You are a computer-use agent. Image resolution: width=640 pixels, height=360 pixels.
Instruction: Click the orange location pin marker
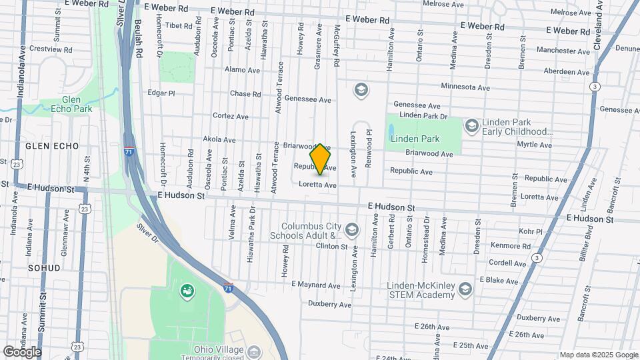(x=321, y=159)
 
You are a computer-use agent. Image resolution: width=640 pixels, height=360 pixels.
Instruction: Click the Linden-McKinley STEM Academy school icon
(x=465, y=289)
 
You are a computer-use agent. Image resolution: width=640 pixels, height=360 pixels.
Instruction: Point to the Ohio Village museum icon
(x=253, y=351)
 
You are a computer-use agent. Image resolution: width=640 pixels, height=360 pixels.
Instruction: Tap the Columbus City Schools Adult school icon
(x=352, y=231)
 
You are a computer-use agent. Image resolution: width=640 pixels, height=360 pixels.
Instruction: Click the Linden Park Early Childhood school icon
(x=471, y=126)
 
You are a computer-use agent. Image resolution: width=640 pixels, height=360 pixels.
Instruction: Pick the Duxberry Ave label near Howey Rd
(x=329, y=304)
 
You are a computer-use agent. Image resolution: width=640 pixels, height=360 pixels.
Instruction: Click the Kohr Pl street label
(x=531, y=231)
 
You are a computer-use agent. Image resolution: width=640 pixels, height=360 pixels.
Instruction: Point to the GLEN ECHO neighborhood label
(x=52, y=145)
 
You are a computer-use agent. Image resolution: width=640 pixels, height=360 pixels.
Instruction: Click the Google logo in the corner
(x=22, y=351)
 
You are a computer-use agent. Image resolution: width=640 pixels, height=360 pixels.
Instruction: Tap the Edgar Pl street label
(x=161, y=93)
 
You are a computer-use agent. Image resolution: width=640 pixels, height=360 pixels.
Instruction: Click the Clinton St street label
(x=332, y=247)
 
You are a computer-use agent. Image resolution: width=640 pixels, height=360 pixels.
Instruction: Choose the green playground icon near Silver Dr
(x=187, y=290)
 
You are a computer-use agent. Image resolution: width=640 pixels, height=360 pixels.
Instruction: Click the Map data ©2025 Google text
(x=599, y=355)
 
